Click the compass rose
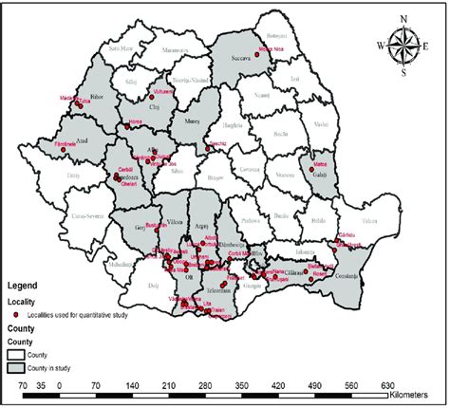pyautogui.click(x=404, y=45)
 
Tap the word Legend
pyautogui.click(x=28, y=284)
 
